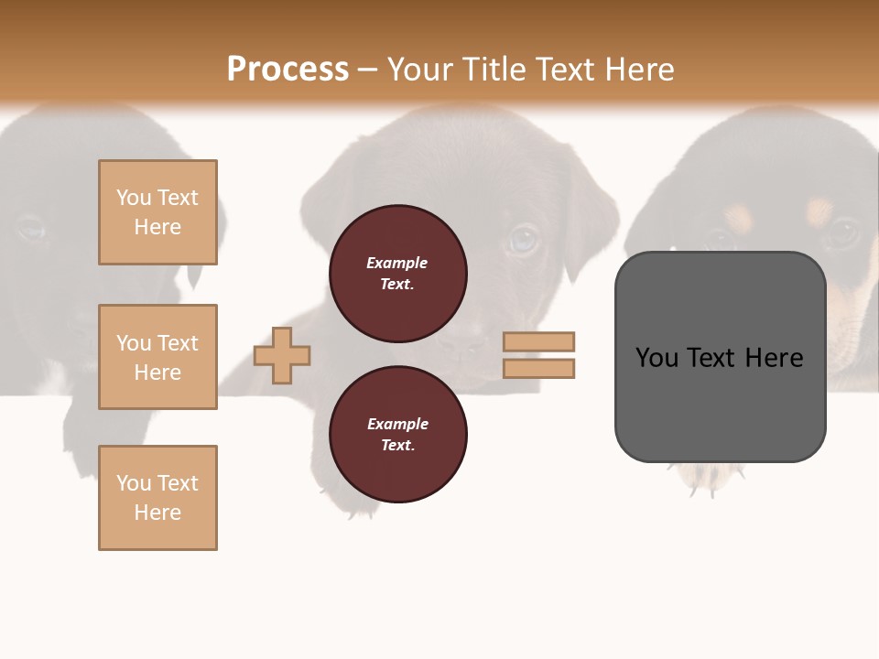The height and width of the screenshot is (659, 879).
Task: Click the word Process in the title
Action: click(288, 70)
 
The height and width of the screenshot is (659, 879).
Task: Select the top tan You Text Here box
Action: click(157, 212)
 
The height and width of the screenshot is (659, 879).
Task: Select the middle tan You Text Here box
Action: click(157, 357)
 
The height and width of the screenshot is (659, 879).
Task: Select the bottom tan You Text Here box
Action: click(157, 498)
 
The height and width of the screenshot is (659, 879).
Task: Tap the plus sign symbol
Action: click(282, 355)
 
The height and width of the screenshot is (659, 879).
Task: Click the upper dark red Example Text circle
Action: click(397, 274)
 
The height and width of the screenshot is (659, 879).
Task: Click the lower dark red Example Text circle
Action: click(397, 435)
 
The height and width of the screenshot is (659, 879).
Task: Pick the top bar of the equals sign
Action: click(539, 341)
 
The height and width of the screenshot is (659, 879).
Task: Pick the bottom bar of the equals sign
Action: click(539, 368)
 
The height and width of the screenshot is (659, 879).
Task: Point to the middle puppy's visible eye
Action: click(523, 240)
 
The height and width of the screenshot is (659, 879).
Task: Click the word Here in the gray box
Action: click(774, 357)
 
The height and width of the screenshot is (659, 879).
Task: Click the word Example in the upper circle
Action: click(397, 263)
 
